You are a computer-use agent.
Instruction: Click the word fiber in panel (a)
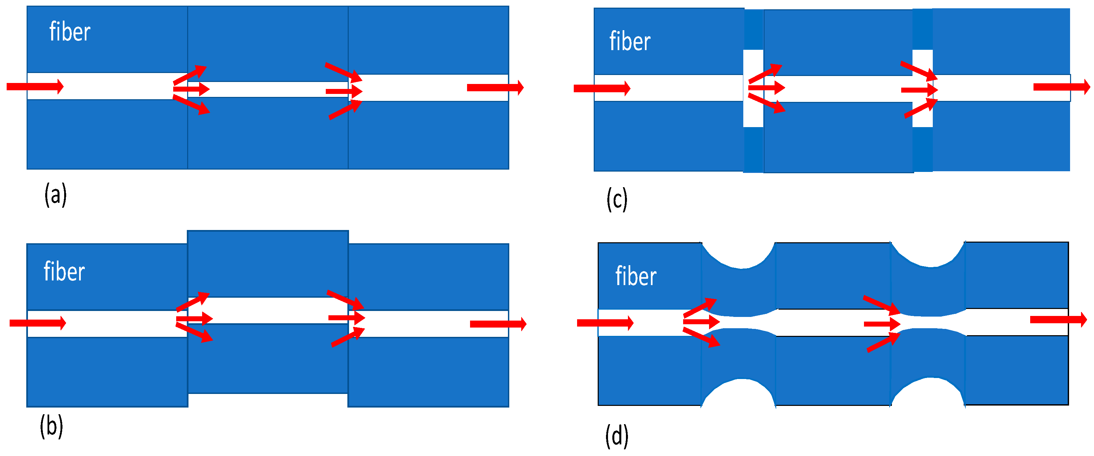(70, 32)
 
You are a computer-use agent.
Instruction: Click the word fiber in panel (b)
(64, 271)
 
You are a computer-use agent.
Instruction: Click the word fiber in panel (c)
(630, 41)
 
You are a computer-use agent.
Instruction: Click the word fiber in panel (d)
(636, 276)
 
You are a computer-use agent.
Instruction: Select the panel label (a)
(56, 195)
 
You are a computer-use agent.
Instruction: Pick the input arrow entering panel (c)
(602, 88)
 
